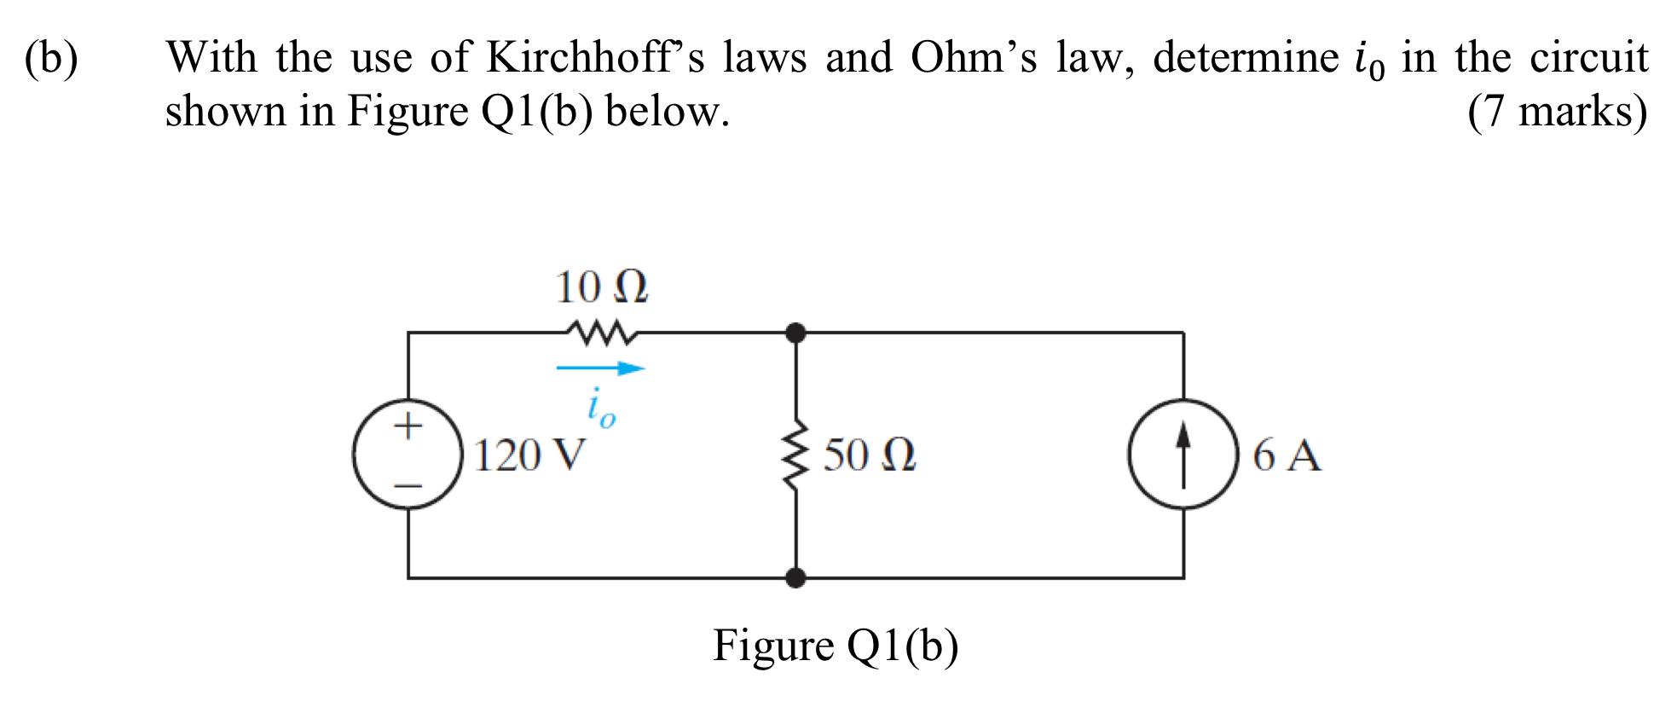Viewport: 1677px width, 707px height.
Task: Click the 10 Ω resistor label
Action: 601,287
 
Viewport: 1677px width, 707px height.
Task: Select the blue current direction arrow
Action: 600,369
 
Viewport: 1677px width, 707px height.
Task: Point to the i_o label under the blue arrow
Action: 600,411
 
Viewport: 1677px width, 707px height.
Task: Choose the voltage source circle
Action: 408,455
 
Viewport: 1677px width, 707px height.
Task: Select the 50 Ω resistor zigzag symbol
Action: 795,455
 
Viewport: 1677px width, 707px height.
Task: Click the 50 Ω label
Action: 870,455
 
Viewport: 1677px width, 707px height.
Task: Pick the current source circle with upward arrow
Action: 1183,455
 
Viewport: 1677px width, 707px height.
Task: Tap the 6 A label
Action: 1287,455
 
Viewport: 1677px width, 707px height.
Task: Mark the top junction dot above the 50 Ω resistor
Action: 795,332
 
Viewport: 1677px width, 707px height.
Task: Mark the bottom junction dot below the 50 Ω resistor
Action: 795,578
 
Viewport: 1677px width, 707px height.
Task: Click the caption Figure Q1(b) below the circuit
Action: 836,646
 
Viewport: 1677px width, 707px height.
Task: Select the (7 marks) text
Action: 1558,112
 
